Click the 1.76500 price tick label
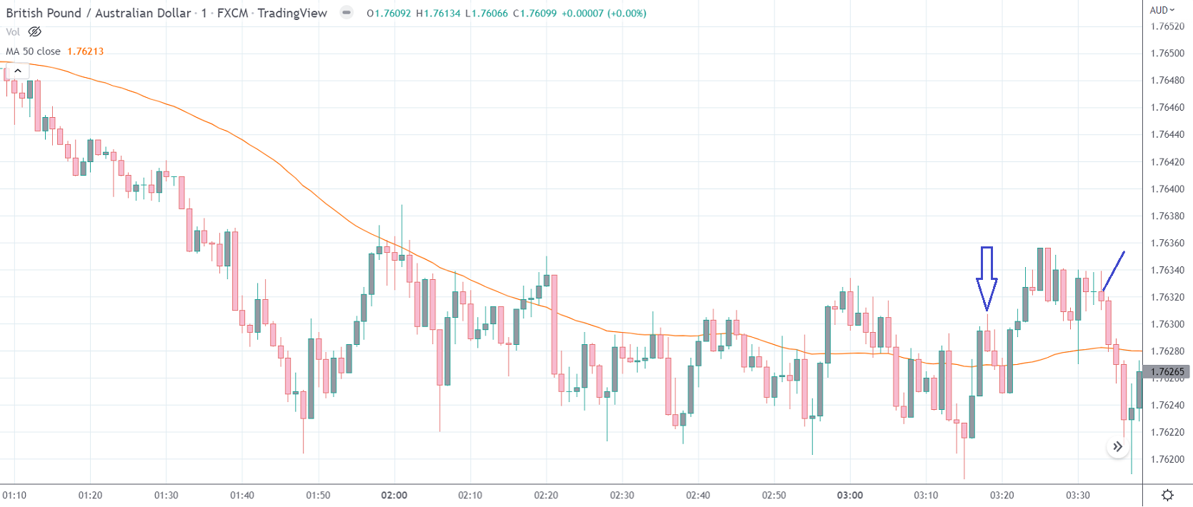[1167, 54]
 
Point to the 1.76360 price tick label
[1167, 244]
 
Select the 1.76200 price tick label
[1167, 460]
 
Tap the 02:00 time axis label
[394, 496]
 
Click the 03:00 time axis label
[850, 496]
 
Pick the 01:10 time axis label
[14, 496]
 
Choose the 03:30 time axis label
[1078, 496]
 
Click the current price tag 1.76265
[1167, 372]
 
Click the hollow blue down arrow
[987, 278]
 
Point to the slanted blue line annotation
[1114, 271]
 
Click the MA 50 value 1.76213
[85, 51]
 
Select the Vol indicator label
[13, 32]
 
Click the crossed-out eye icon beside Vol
[34, 32]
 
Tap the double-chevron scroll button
[1117, 447]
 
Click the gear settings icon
[1167, 496]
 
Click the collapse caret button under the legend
[18, 71]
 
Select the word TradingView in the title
[292, 13]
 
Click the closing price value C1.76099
[534, 14]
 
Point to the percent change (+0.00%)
[627, 14]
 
